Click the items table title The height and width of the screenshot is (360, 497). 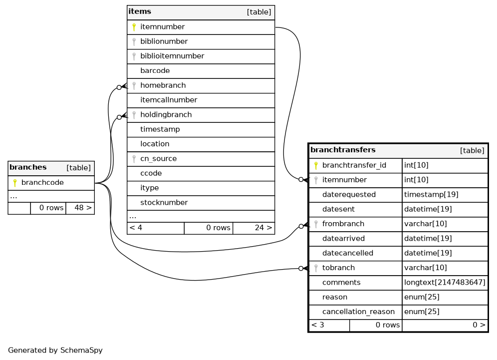(140, 11)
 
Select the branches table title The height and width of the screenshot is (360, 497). (28, 167)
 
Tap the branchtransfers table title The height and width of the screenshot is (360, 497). (343, 150)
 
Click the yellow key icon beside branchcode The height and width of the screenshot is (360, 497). (15, 183)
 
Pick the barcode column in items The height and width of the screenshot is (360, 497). (155, 71)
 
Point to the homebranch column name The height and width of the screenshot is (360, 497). (163, 85)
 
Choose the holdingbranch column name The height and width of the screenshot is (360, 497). (166, 115)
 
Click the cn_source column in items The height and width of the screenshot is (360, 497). (158, 159)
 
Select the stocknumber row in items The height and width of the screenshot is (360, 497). (164, 203)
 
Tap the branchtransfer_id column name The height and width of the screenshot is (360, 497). (354, 165)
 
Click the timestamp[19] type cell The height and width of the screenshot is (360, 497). (431, 195)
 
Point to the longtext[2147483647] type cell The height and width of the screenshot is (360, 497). (445, 283)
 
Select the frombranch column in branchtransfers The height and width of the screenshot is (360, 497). (343, 224)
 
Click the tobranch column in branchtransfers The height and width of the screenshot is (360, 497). (338, 268)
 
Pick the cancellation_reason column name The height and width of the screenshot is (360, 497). (358, 312)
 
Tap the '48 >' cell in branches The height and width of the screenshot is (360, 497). (80, 208)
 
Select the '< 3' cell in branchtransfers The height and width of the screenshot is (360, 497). (318, 325)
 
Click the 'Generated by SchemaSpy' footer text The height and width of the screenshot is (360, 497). (55, 351)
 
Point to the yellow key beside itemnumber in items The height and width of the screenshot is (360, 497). (134, 27)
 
